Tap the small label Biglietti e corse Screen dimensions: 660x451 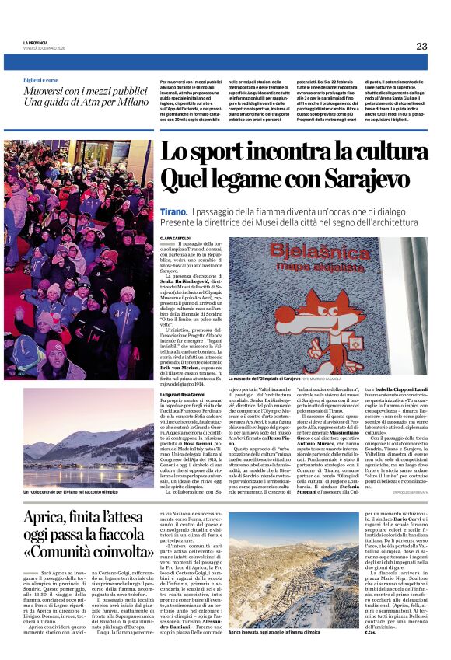point(40,80)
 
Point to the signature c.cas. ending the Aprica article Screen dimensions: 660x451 point(369,631)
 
